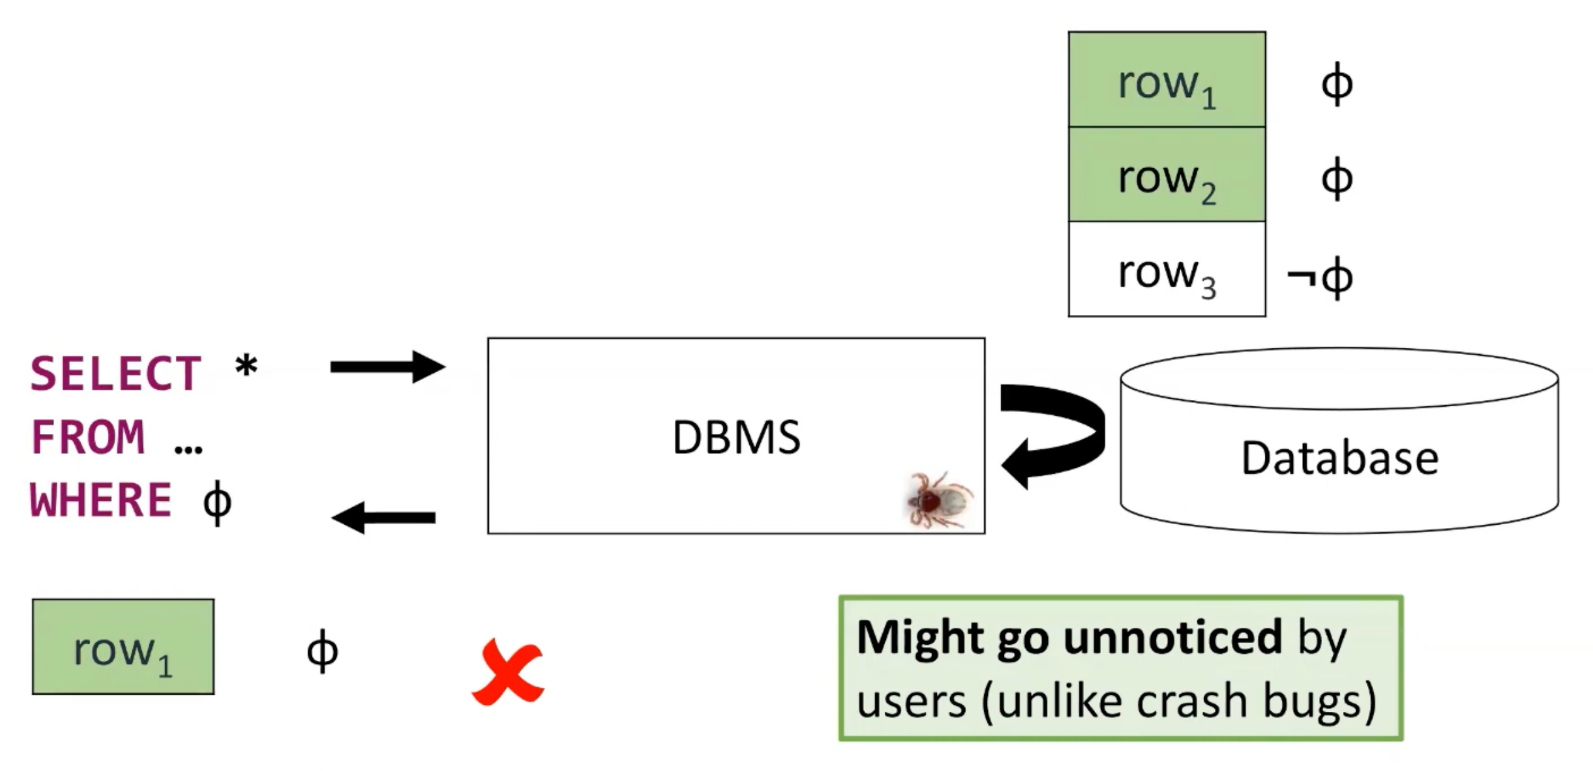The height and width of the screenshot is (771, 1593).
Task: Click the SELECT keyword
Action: click(116, 374)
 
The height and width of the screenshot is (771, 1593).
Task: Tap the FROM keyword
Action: click(88, 437)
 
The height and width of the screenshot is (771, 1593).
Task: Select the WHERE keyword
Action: click(101, 500)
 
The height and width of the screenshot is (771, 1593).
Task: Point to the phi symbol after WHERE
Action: click(217, 503)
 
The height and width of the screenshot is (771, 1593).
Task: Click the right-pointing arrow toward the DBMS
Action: click(387, 367)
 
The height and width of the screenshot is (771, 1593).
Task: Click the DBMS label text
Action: click(736, 437)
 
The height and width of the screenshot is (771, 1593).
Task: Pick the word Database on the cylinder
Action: click(1340, 458)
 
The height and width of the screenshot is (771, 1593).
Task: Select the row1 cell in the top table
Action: click(1166, 80)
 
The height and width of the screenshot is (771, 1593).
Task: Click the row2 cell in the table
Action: click(1166, 175)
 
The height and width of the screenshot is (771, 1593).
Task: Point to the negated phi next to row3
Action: click(1321, 277)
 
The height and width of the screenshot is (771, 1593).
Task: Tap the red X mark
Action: click(508, 671)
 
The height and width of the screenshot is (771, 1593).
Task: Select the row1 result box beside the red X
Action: click(123, 647)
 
